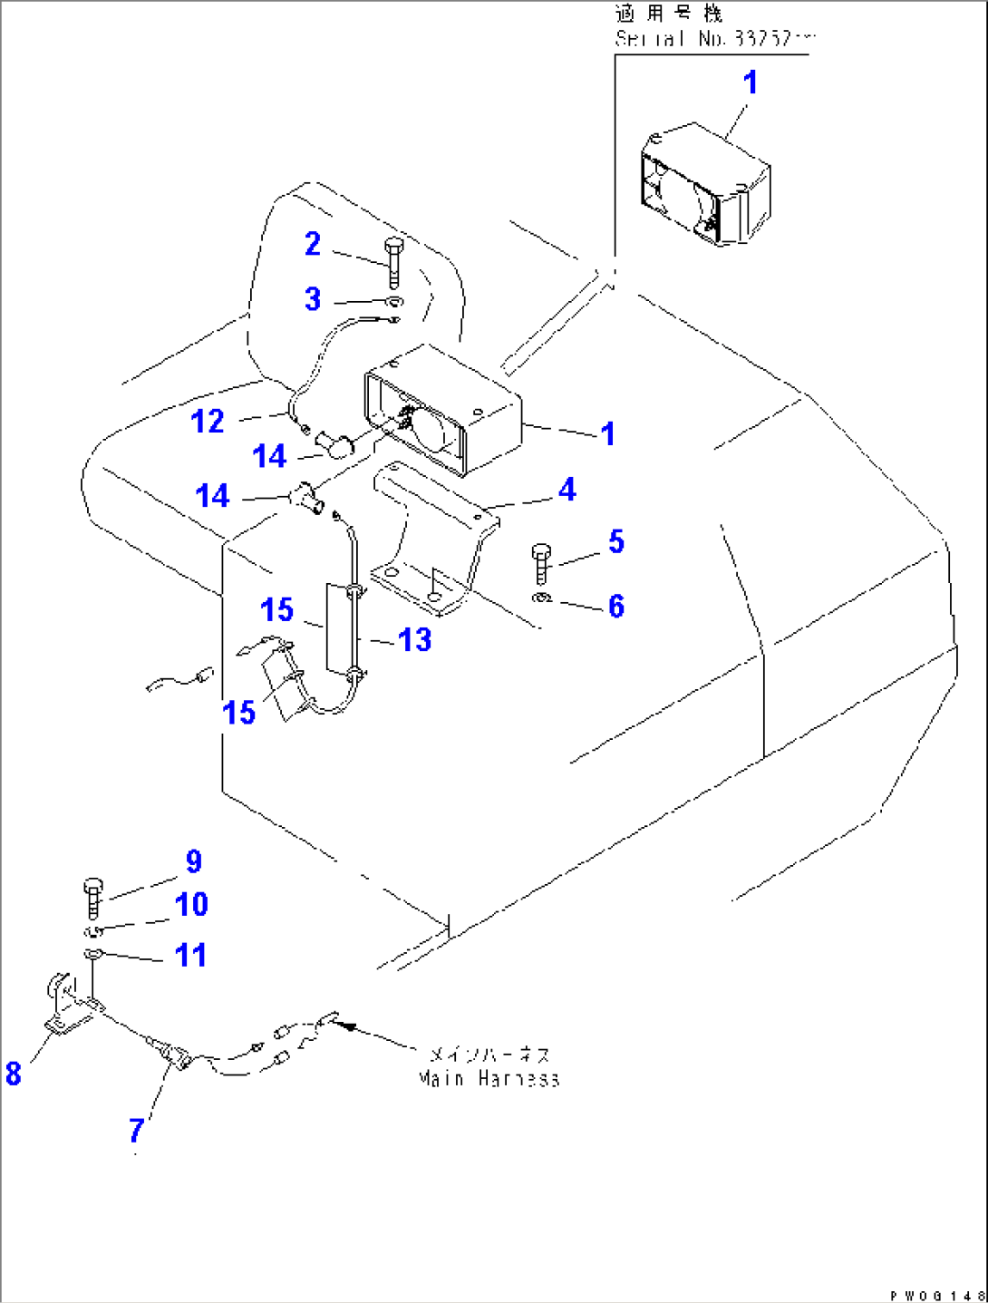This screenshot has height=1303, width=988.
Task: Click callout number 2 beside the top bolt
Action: [x=313, y=244]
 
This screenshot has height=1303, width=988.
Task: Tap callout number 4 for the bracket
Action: [x=567, y=490]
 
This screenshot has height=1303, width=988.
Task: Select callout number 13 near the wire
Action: [x=414, y=640]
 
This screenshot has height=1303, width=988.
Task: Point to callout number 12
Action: [x=208, y=422]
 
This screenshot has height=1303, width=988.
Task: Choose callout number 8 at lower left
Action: [x=13, y=1074]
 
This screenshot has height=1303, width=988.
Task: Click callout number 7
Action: [x=137, y=1130]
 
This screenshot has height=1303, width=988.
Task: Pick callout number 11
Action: [x=190, y=955]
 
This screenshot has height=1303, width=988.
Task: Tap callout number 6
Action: [x=616, y=606]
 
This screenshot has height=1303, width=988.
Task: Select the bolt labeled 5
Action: [x=542, y=563]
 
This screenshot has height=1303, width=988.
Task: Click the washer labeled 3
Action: [x=393, y=302]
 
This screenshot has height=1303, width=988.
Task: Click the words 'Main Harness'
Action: [x=489, y=1079]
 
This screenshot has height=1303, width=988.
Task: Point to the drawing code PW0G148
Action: [x=938, y=1295]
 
